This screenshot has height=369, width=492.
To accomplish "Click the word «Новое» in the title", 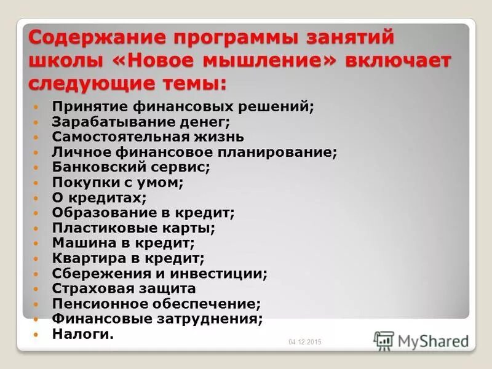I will (x=175, y=61).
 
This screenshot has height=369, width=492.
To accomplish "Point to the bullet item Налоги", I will (x=82, y=334).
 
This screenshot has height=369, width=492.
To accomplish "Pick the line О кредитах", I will (x=99, y=197).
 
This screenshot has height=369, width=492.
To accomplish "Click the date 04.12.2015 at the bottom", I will (x=305, y=342).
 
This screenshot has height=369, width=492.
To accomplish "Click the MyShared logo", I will (x=421, y=340).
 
